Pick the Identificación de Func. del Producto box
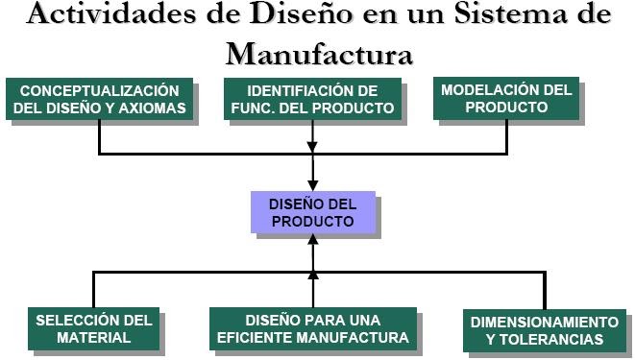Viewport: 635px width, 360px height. [x=313, y=98]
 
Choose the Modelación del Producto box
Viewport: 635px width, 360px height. [x=505, y=98]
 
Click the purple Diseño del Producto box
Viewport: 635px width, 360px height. [x=312, y=212]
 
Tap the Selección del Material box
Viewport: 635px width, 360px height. [x=93, y=328]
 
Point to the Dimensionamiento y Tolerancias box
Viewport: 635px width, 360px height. [x=544, y=330]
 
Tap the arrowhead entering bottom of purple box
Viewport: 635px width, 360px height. [x=313, y=243]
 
